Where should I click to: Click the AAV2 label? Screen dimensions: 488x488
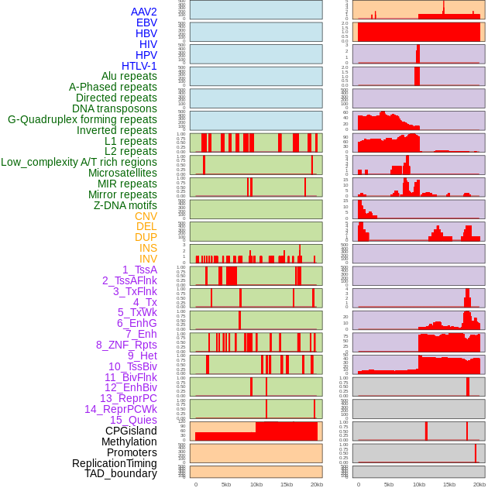tap(144, 12)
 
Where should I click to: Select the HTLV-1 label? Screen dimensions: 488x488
tap(139, 66)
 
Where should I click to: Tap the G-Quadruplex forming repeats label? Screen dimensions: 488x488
tap(82, 119)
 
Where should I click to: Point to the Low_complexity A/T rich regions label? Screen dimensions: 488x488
tap(79, 162)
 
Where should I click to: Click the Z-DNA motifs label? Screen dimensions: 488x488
tap(125, 205)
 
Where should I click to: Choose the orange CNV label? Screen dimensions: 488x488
tap(146, 216)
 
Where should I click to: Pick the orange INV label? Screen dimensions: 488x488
tap(148, 259)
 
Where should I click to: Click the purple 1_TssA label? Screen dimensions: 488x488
tap(139, 270)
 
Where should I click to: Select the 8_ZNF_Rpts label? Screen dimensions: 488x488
tap(126, 345)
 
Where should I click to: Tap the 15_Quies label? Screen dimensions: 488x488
tap(133, 420)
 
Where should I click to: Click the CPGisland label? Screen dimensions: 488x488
tap(131, 431)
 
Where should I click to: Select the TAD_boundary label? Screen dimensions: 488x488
tap(121, 473)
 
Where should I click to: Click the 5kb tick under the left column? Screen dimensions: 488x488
tap(226, 484)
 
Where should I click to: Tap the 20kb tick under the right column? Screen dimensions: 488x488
tap(479, 484)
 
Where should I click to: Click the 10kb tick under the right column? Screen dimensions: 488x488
tap(419, 484)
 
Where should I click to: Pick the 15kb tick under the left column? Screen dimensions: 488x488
tap(287, 484)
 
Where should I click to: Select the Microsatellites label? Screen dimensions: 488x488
tap(122, 173)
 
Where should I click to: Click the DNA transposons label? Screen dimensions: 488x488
tap(115, 108)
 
